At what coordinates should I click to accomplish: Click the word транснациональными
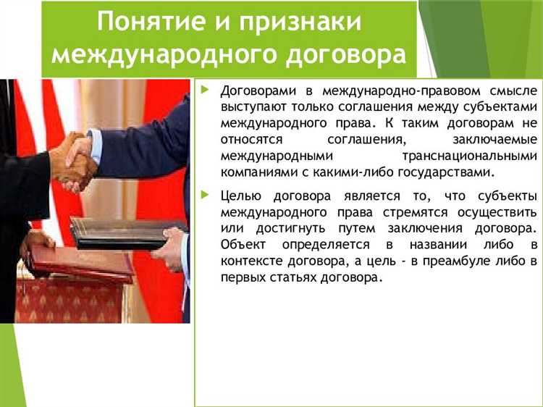469,156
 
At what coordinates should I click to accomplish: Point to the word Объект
243,245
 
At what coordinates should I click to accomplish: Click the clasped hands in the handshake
75,161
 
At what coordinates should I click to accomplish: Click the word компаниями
253,172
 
